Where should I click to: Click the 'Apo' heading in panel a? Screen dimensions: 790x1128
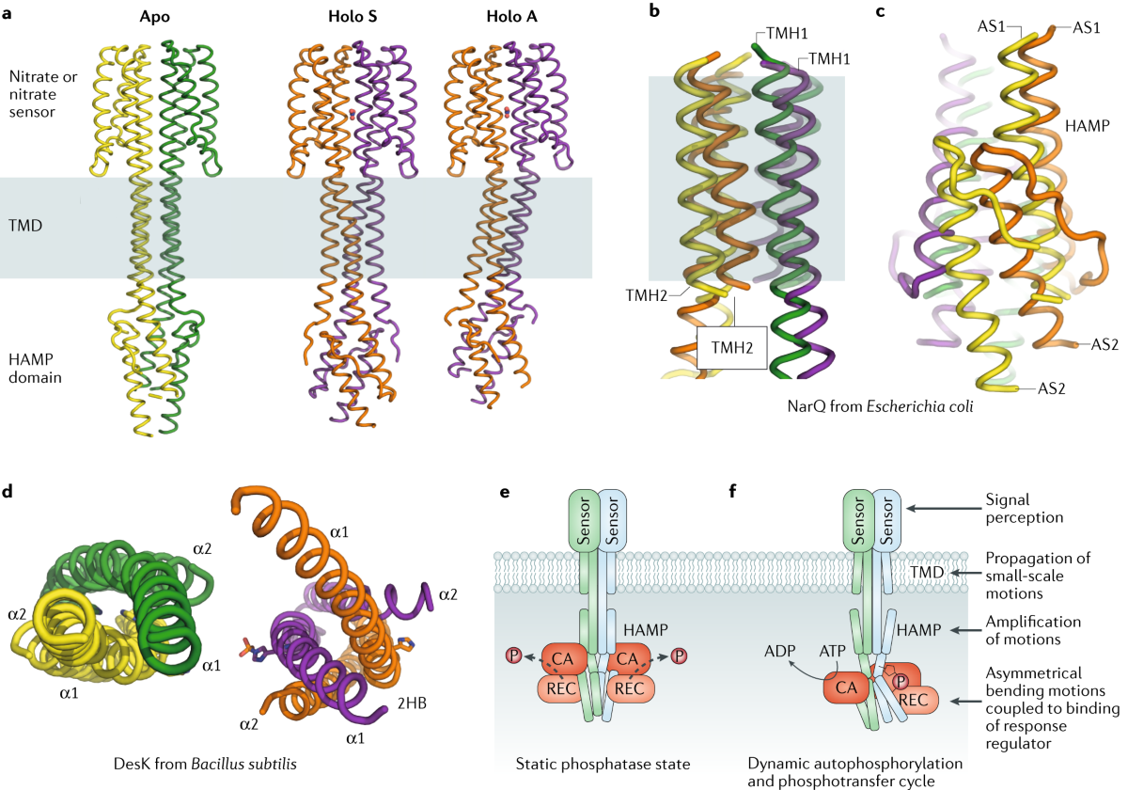[151, 18]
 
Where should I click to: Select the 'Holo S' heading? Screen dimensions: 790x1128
[352, 18]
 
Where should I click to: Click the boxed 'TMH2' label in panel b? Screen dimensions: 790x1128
[731, 348]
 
